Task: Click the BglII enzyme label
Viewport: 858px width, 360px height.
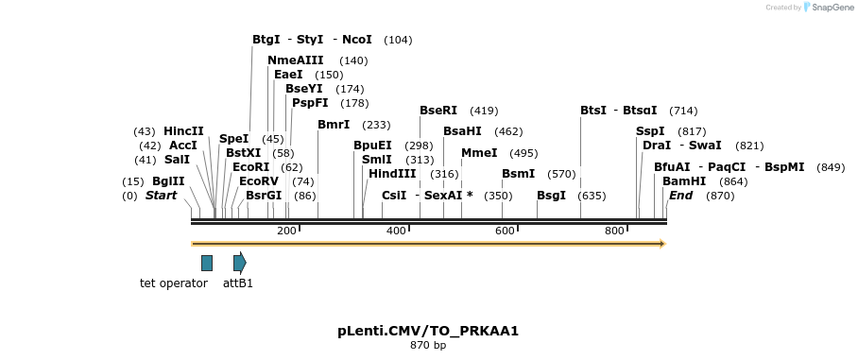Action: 168,181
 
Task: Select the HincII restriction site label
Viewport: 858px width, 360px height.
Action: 183,131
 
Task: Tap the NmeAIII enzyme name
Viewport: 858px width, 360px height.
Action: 296,60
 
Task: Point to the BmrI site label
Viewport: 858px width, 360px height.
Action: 334,125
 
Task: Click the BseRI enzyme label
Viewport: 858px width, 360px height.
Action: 438,111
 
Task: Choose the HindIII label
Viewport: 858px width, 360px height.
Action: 392,174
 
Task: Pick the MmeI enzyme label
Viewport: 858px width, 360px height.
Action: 479,153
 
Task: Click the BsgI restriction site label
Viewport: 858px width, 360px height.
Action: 551,196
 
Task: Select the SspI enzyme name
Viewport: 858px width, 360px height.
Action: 650,131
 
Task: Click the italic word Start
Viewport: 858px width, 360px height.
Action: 161,196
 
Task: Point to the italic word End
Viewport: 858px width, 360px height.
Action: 680,196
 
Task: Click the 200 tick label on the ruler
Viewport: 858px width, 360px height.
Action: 286,231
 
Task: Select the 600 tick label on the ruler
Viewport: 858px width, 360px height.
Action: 505,231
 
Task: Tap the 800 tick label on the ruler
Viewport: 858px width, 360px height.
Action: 614,231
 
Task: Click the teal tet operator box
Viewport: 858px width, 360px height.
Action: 207,263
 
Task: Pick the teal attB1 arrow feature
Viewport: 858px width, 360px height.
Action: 239,263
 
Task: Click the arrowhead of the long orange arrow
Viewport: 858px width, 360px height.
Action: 662,244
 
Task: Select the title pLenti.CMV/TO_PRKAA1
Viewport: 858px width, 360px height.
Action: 428,331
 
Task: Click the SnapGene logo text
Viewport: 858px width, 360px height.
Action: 831,8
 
